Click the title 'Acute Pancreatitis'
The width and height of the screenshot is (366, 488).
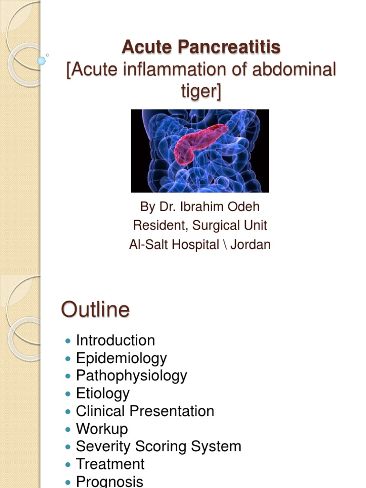(x=201, y=47)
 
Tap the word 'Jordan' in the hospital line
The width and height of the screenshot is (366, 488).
(x=251, y=245)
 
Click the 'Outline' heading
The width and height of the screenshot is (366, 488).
(x=95, y=310)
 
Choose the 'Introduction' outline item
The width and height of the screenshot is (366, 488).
(x=115, y=340)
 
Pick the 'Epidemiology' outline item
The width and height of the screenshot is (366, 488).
(x=122, y=358)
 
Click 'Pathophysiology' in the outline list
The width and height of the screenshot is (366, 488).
(x=132, y=376)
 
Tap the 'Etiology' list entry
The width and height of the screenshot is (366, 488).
(x=103, y=393)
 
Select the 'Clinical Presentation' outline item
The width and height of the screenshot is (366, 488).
(x=145, y=411)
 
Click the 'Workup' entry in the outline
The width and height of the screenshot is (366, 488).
(x=102, y=428)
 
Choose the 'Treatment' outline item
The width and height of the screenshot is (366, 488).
(x=110, y=464)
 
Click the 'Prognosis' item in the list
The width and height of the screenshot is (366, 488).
(x=110, y=481)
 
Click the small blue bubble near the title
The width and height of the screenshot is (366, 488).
(x=41, y=61)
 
